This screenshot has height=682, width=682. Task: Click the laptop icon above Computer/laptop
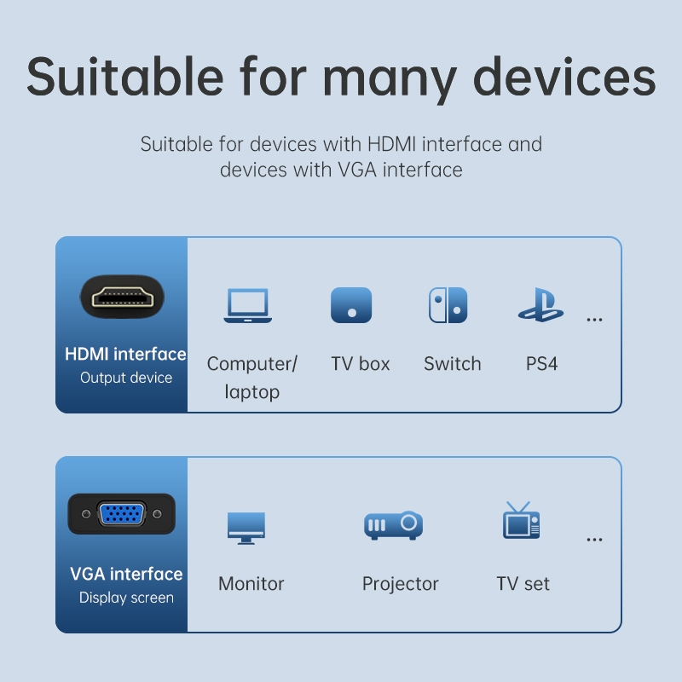pos(247,305)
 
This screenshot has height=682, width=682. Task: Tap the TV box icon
pos(351,305)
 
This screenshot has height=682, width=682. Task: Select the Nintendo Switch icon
pos(448,305)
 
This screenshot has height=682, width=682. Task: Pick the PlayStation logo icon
pos(540,304)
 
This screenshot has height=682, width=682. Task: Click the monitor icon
pos(246,528)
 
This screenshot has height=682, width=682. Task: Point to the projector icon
pos(393,525)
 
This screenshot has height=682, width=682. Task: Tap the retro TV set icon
pos(521,520)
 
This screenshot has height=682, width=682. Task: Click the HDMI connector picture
pos(123,297)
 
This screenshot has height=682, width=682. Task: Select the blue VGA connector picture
pos(122,514)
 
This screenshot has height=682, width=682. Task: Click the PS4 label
pos(541,364)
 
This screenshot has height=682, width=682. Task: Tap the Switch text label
pos(453,364)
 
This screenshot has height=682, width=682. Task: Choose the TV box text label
pos(360,364)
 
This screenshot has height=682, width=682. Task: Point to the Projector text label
pos(400,584)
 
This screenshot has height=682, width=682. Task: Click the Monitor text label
pos(251,584)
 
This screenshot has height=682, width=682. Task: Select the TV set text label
pos(523,584)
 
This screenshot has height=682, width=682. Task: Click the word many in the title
pos(390,78)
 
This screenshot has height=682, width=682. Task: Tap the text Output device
pos(126,378)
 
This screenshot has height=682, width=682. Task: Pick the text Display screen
pos(126,598)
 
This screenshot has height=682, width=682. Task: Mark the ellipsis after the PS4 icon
pos(594,321)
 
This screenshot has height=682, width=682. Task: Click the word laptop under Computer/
pos(251,392)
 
